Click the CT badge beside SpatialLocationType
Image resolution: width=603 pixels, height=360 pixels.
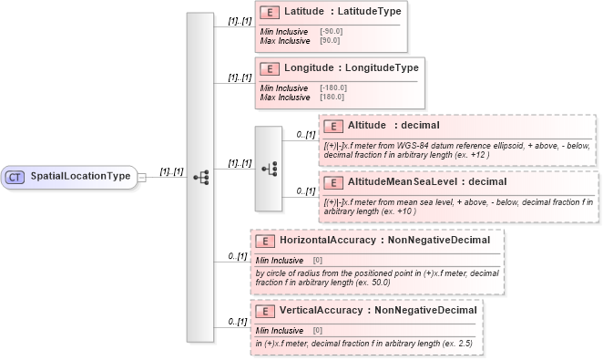click(15, 176)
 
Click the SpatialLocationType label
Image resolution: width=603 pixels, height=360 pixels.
click(80, 176)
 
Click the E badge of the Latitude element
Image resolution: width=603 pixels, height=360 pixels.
click(269, 12)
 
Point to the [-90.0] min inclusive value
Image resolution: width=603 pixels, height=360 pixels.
click(331, 32)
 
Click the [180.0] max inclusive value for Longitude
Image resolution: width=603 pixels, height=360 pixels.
click(331, 98)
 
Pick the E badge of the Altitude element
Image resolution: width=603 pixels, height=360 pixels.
click(333, 126)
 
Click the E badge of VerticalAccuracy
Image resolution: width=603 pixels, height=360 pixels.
click(264, 311)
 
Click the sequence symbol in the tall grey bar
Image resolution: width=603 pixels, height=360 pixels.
click(200, 176)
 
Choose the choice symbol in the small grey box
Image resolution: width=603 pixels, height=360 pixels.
click(269, 168)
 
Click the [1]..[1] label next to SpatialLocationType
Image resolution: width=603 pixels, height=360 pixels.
click(172, 170)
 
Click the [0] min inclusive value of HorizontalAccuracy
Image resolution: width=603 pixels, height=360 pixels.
click(318, 260)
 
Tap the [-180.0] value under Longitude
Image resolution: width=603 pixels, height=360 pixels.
click(332, 87)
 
